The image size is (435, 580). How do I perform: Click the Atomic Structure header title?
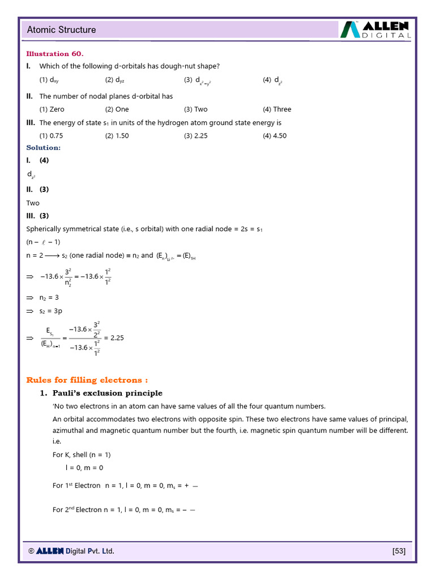click(x=62, y=29)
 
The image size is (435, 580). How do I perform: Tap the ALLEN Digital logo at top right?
click(x=376, y=29)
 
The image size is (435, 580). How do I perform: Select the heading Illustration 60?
click(x=55, y=54)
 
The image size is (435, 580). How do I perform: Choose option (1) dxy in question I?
click(x=49, y=80)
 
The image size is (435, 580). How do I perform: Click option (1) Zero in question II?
click(x=52, y=109)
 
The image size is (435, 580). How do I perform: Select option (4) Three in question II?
click(x=277, y=109)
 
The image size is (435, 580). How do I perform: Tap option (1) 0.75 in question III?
click(x=52, y=135)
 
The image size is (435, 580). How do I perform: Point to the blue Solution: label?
click(x=44, y=148)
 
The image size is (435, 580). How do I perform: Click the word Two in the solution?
click(x=33, y=203)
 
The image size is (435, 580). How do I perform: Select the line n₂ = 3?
click(x=50, y=297)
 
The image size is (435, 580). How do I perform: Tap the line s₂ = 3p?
click(x=51, y=311)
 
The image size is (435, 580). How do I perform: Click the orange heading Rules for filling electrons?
click(x=87, y=379)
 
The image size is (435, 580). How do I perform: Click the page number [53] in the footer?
click(x=399, y=551)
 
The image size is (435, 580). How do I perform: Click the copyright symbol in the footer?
click(x=32, y=551)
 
